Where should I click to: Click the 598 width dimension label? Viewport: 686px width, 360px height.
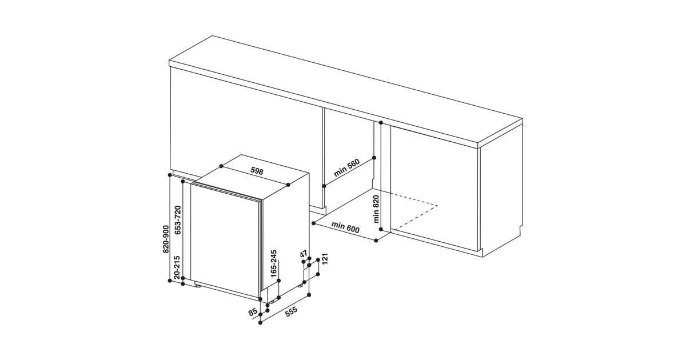pyautogui.click(x=257, y=171)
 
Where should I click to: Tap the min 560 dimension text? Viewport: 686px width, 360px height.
pyautogui.click(x=346, y=168)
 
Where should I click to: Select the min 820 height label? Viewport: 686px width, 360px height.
pyautogui.click(x=376, y=209)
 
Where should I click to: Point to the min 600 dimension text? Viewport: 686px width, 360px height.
pyautogui.click(x=345, y=227)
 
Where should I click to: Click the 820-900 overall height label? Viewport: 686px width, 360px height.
pyautogui.click(x=166, y=239)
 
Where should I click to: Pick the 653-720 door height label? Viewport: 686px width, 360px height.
pyautogui.click(x=178, y=220)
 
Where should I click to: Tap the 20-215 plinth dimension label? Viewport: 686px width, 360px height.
pyautogui.click(x=177, y=267)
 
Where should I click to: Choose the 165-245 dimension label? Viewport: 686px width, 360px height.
pyautogui.click(x=274, y=263)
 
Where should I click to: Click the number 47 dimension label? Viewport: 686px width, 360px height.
pyautogui.click(x=304, y=254)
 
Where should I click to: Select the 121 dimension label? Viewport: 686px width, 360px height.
pyautogui.click(x=325, y=259)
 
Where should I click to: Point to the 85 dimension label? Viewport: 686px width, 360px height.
pyautogui.click(x=253, y=312)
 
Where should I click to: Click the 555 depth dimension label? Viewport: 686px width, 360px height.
pyautogui.click(x=291, y=311)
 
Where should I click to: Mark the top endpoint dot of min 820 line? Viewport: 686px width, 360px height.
pyautogui.click(x=381, y=123)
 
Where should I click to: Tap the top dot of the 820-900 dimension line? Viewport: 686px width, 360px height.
pyautogui.click(x=170, y=175)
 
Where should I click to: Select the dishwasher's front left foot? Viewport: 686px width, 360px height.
pyautogui.click(x=198, y=286)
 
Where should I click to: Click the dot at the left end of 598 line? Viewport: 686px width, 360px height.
pyautogui.click(x=221, y=166)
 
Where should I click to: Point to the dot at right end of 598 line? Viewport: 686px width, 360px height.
pyautogui.click(x=288, y=185)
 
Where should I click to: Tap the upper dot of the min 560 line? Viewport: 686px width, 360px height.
pyautogui.click(x=374, y=158)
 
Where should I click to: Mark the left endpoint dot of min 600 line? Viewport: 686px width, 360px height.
pyautogui.click(x=314, y=223)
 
